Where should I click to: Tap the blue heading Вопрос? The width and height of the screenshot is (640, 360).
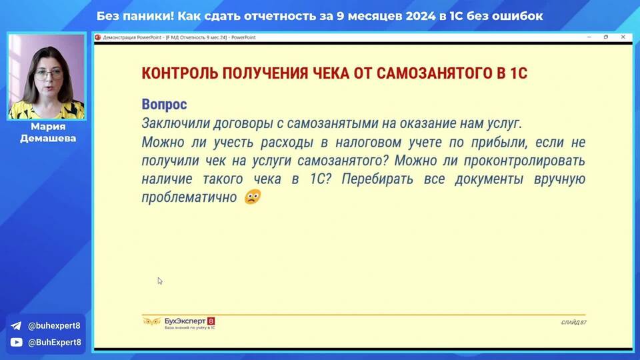(x=164, y=105)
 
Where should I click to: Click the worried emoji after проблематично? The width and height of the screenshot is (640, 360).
(x=253, y=197)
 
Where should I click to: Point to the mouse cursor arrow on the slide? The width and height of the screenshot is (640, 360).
(x=159, y=281)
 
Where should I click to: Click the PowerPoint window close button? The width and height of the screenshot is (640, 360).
(x=623, y=37)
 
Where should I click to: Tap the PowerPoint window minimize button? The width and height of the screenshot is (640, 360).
(x=589, y=37)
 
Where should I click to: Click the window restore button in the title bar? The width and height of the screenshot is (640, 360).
(x=606, y=37)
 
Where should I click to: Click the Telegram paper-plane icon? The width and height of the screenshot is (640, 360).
(x=16, y=326)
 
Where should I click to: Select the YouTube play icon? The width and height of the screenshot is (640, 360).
(x=16, y=342)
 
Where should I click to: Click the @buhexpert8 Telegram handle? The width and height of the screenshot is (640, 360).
(x=54, y=326)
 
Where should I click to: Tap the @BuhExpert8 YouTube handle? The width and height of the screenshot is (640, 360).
(x=54, y=342)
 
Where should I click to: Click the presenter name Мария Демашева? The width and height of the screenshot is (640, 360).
(x=48, y=132)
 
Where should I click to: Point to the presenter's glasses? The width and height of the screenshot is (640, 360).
(x=48, y=75)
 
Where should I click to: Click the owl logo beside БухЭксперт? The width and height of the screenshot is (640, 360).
(x=151, y=322)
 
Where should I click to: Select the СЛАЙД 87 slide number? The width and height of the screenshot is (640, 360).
(x=573, y=323)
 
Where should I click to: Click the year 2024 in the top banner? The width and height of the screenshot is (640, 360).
(x=420, y=16)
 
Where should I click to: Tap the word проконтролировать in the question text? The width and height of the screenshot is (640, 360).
(x=525, y=161)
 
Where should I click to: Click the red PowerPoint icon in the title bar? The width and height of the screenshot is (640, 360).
(x=98, y=37)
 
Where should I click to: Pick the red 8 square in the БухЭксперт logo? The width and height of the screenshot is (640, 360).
(x=211, y=321)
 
